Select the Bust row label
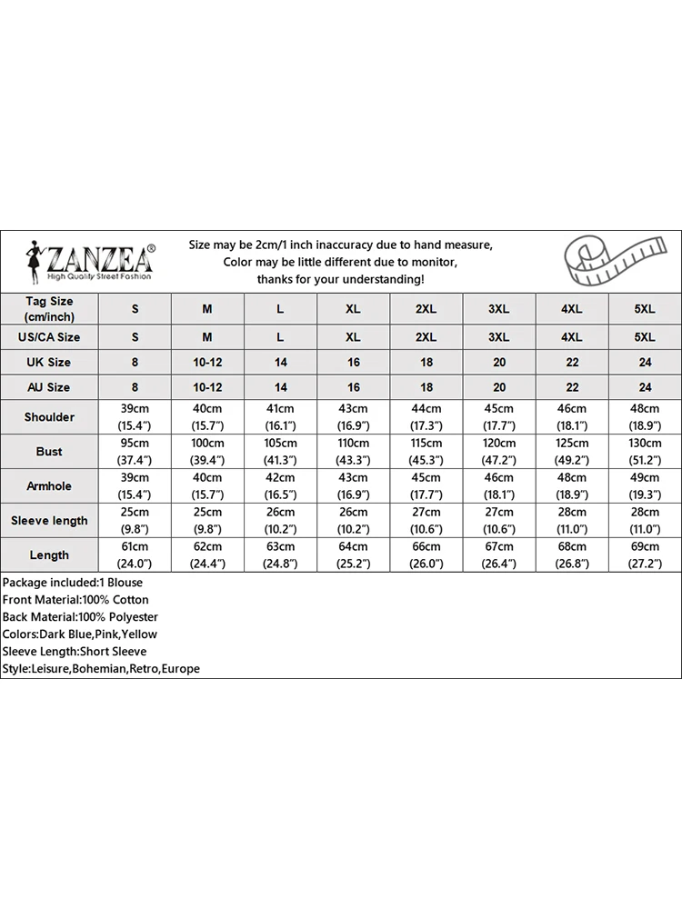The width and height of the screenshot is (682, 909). (49, 452)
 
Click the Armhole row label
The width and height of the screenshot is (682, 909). (49, 486)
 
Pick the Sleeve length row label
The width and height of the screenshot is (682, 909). (49, 521)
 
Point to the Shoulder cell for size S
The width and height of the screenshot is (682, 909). (135, 417)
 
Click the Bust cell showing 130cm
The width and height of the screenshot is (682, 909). (644, 452)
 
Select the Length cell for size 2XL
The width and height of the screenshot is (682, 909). (426, 555)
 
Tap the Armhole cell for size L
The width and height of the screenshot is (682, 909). (280, 486)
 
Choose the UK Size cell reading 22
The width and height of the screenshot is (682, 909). (571, 362)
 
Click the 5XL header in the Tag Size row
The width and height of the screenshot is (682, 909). (644, 309)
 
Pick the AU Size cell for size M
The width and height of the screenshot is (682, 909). (207, 387)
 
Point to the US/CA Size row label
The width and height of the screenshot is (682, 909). (49, 337)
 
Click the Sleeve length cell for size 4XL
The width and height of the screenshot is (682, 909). (571, 521)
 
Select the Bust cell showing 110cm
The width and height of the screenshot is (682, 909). (353, 452)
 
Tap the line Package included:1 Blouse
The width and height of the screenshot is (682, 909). (73, 583)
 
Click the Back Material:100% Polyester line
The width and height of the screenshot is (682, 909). (80, 617)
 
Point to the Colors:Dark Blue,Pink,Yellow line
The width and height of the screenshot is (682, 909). (80, 634)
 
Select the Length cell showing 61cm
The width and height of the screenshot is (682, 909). (135, 555)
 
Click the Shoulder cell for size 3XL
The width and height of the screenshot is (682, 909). (498, 417)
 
